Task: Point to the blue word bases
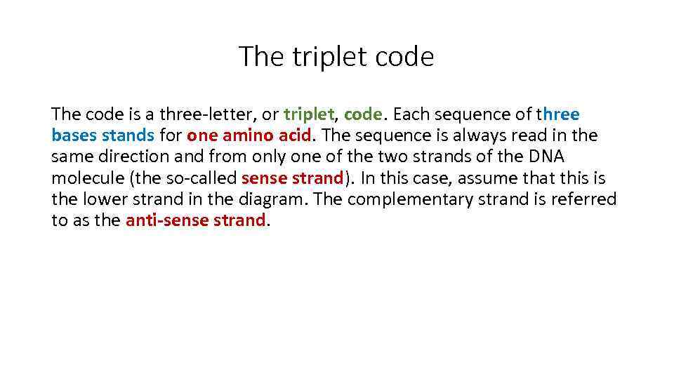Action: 74,135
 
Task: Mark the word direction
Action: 133,157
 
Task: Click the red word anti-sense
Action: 164,220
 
